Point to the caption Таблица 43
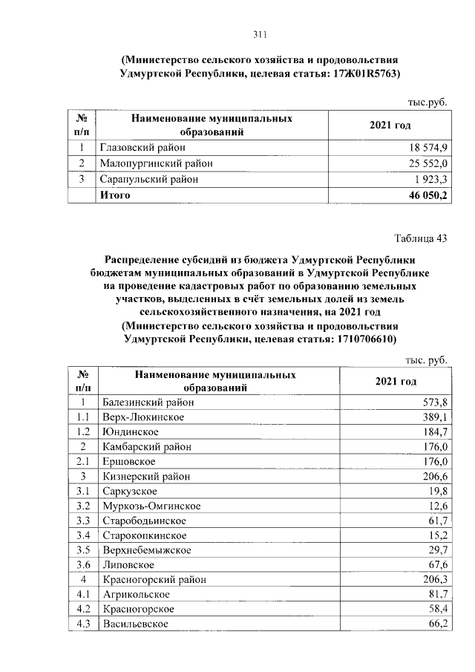tap(419, 238)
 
